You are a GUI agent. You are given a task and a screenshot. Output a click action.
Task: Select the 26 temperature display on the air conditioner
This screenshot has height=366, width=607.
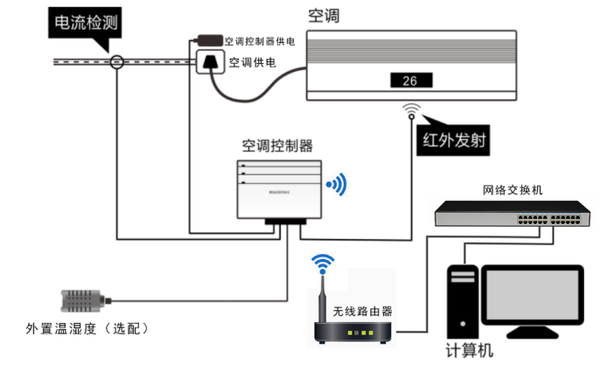pos(409,81)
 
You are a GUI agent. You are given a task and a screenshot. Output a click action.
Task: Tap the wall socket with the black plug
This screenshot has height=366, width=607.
pos(209,63)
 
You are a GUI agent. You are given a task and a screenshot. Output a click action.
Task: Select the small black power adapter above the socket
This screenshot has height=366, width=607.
pos(208,39)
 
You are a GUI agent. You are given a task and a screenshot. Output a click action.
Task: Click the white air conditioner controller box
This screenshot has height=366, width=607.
pos(278,189)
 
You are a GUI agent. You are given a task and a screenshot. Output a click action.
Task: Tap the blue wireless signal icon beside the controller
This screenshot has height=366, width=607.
pos(336,185)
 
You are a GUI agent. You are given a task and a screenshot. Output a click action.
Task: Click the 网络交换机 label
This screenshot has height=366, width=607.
pos(512,189)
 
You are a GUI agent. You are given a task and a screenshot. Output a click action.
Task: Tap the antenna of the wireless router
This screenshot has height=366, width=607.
pos(324,298)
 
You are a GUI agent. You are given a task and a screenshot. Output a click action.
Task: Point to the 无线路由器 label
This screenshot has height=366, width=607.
pos(362,311)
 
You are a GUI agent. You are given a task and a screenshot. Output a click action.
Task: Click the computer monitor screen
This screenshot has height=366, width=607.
pos(534,299)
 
